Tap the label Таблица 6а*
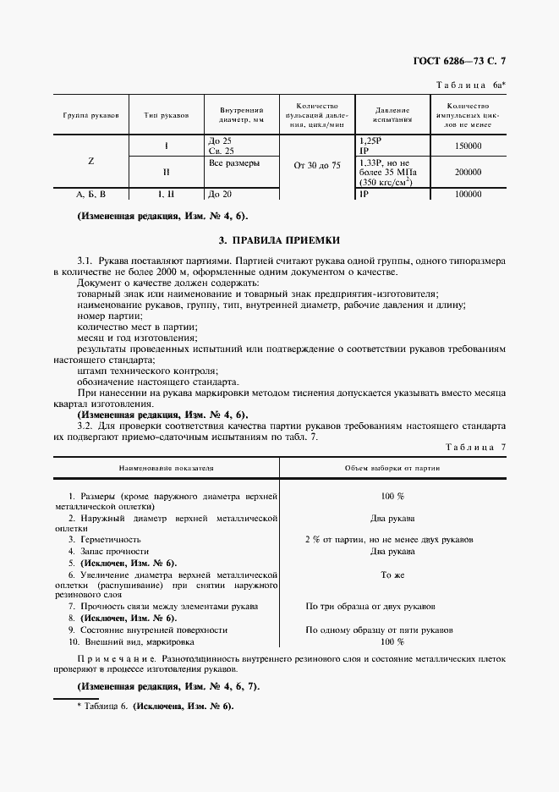click(471, 85)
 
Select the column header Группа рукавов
click(90, 113)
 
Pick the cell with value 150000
click(468, 146)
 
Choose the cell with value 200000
click(468, 171)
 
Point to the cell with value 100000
click(468, 195)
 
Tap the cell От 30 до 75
click(316, 166)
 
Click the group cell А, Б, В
click(90, 195)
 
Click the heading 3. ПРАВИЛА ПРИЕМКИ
click(279, 241)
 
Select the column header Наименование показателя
click(166, 467)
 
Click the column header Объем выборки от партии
click(392, 467)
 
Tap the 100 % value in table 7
click(392, 496)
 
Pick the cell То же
click(392, 574)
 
